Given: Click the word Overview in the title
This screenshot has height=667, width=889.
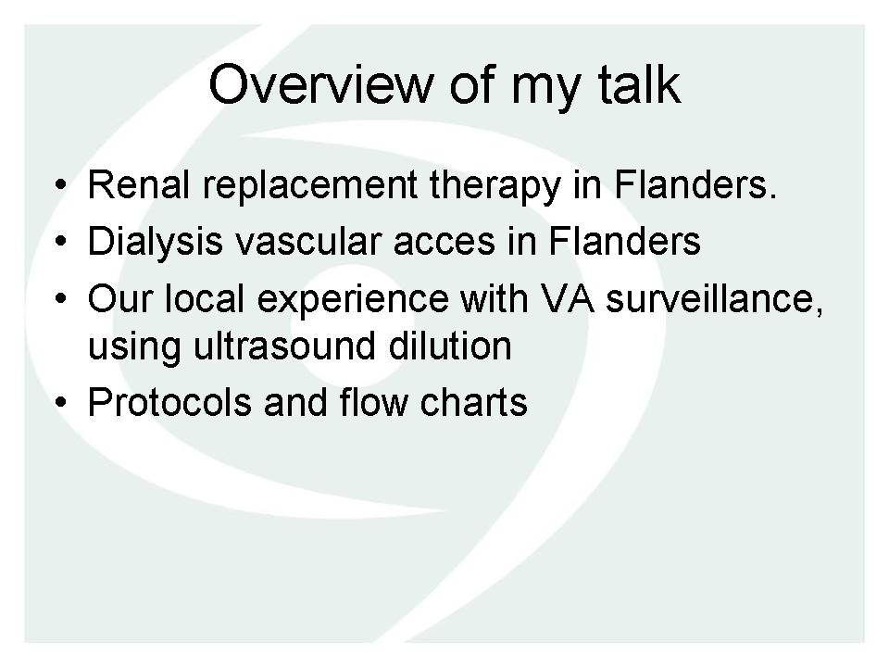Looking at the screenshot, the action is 321,85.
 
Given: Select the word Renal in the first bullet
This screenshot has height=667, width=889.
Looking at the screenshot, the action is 138,185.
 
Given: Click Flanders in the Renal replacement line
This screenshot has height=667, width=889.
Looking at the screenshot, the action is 695,185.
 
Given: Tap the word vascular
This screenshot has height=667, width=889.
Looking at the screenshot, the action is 307,241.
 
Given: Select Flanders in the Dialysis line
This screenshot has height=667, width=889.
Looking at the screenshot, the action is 625,241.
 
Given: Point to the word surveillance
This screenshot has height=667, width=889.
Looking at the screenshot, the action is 714,298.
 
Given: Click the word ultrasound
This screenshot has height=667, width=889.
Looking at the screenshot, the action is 284,346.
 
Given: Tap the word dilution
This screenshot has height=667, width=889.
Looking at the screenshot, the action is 450,346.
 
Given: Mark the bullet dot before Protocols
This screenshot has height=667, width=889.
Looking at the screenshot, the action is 61,403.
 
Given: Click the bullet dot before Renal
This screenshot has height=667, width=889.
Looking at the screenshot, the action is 61,185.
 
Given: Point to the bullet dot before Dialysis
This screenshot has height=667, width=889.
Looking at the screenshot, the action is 61,241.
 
